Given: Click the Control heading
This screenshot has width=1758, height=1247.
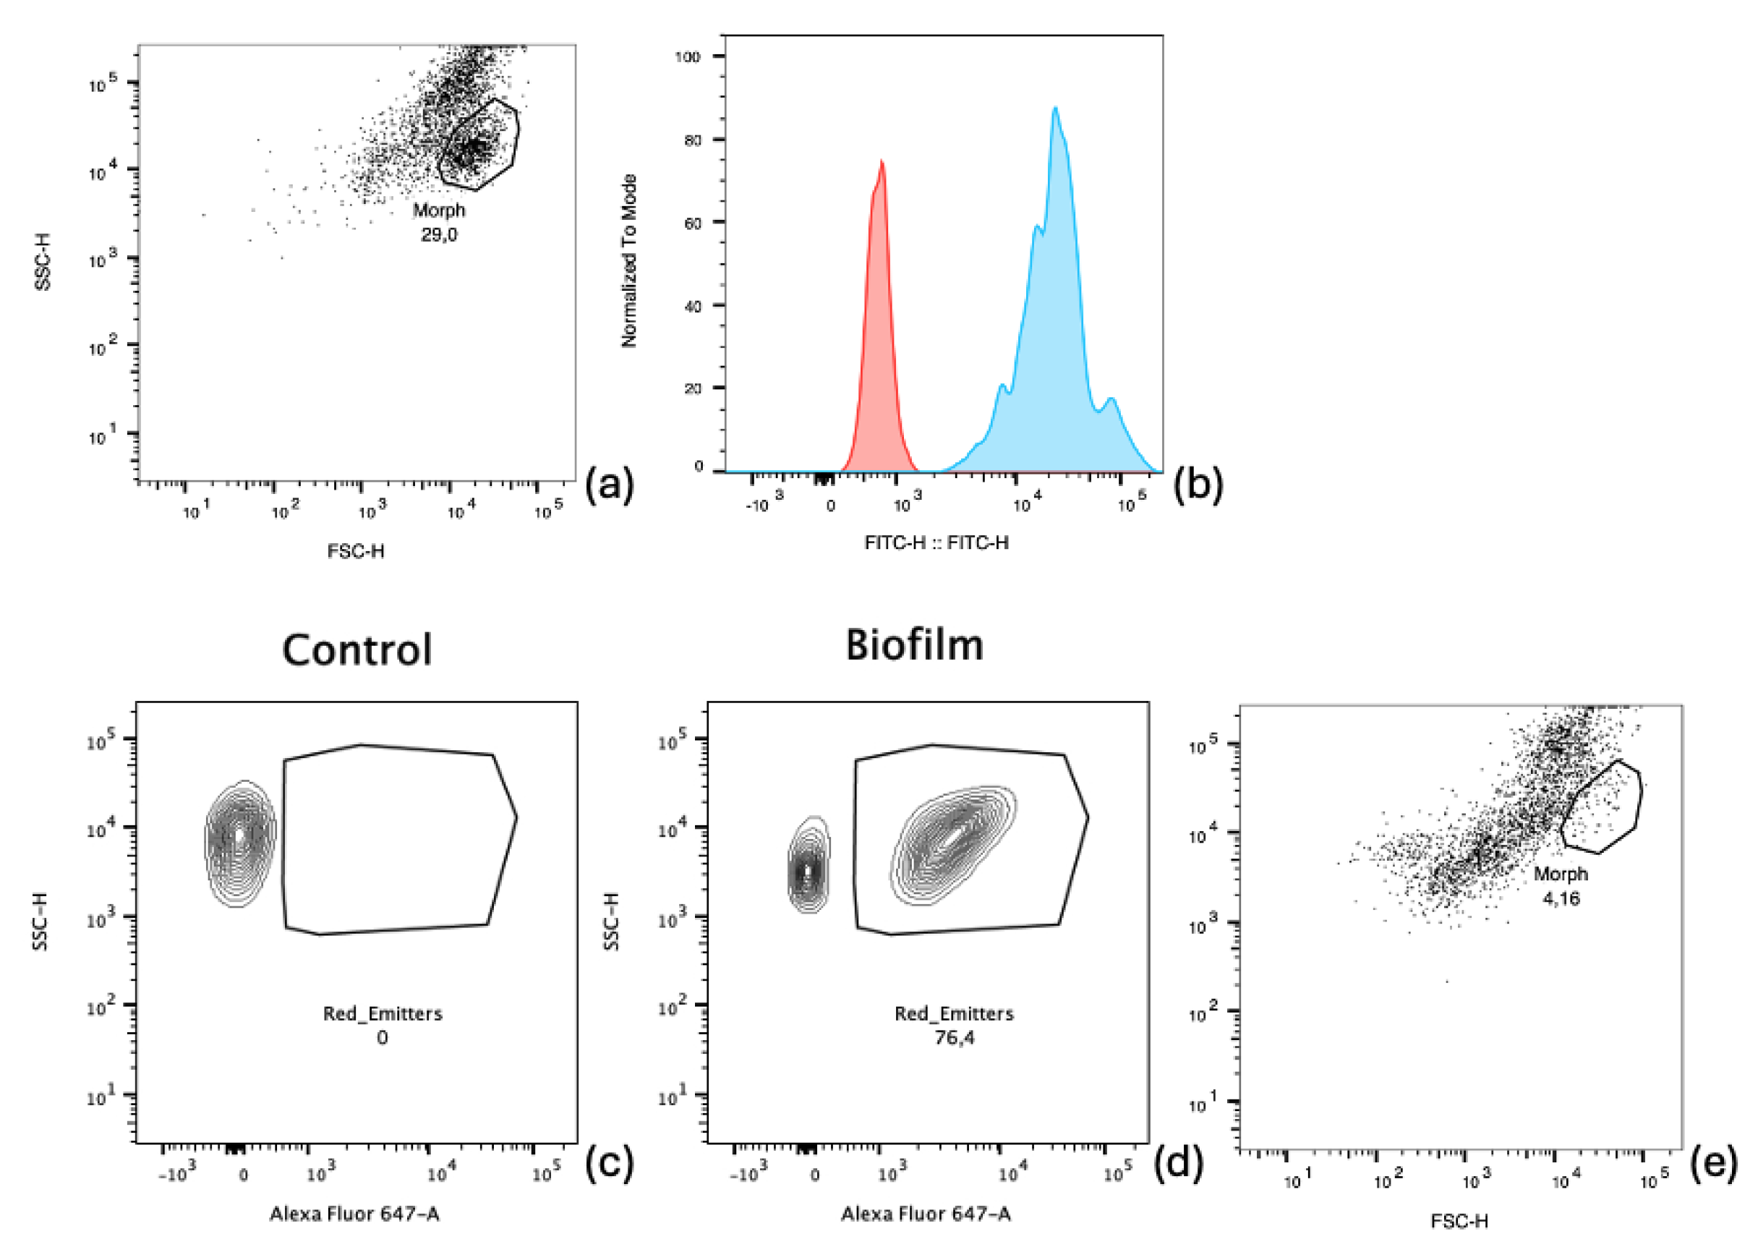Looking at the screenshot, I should (357, 650).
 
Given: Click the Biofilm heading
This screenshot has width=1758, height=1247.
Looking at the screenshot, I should (913, 645).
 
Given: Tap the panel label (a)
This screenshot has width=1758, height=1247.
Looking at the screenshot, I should (610, 485).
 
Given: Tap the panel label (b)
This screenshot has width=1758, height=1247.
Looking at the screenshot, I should (1198, 485).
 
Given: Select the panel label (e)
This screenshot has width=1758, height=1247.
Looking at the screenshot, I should (1713, 1161).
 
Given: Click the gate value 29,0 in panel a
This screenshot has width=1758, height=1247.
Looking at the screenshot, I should (438, 235).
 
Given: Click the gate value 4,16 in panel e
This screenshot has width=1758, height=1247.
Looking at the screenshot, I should (1561, 898).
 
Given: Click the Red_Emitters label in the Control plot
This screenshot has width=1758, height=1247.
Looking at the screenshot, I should (383, 1013).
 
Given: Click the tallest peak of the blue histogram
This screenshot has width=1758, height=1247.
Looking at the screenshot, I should (1056, 108).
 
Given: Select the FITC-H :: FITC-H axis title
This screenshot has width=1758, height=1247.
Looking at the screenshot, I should (936, 543).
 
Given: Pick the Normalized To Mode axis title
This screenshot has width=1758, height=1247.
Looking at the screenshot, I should (628, 261).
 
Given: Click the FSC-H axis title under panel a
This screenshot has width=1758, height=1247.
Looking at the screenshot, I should (356, 550).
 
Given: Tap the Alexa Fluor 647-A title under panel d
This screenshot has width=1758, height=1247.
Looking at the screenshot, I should (925, 1213).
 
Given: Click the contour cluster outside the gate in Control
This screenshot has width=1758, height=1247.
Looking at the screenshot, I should (240, 843).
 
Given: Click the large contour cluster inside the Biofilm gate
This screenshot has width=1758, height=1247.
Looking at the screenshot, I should (952, 843).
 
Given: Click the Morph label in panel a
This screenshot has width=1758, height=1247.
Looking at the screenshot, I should (438, 210).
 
